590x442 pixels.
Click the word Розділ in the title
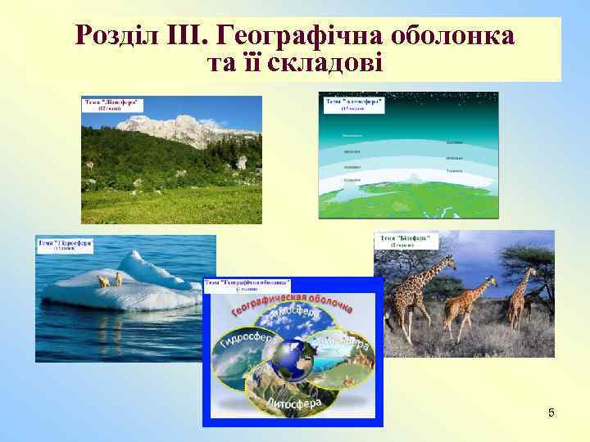click(112, 36)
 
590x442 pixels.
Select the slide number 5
click(551, 413)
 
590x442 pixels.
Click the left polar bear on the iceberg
click(103, 281)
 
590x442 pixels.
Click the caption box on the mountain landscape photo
click(113, 106)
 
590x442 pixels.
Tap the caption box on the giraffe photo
click(408, 241)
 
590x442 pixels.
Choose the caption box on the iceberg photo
click(66, 245)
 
